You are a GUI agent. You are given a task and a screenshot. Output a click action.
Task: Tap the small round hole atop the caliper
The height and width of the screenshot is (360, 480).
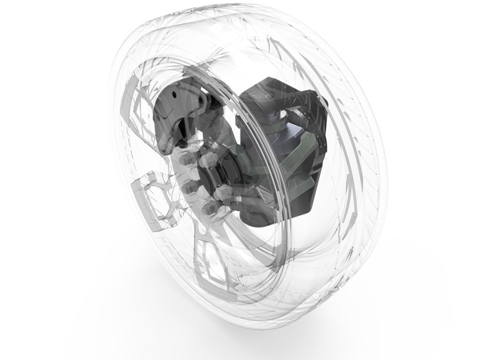point(172,94)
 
